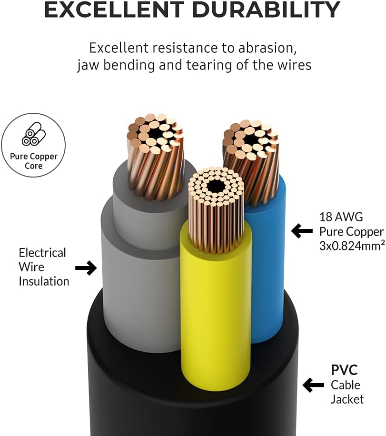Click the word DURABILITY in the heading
(266, 9)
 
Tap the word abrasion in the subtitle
(267, 48)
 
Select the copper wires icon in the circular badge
(34, 134)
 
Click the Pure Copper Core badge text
(34, 161)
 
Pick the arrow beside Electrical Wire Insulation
(86, 268)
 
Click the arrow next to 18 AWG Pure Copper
(302, 231)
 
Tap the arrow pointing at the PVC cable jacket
(313, 385)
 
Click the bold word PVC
(344, 370)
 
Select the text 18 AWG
(341, 217)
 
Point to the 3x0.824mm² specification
(352, 246)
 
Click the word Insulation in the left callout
(44, 281)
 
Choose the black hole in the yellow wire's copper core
(216, 186)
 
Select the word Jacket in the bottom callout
(347, 399)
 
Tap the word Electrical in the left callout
(42, 253)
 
